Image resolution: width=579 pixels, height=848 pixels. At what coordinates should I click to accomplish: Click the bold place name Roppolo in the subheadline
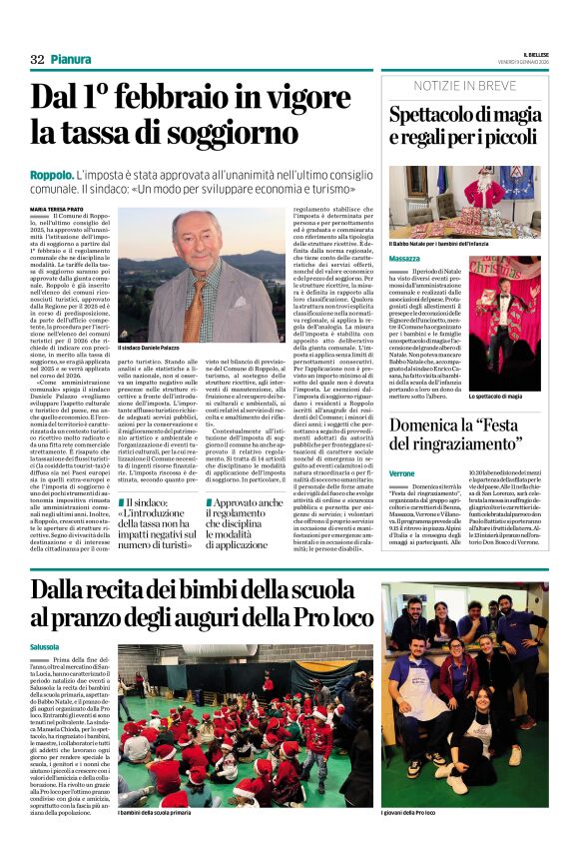point(50,176)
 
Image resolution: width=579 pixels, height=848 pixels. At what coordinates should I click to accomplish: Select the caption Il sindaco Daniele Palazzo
point(157,347)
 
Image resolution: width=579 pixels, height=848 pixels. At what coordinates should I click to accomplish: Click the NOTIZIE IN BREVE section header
point(465,86)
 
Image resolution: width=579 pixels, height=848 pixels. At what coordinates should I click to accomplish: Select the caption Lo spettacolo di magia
point(507,397)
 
